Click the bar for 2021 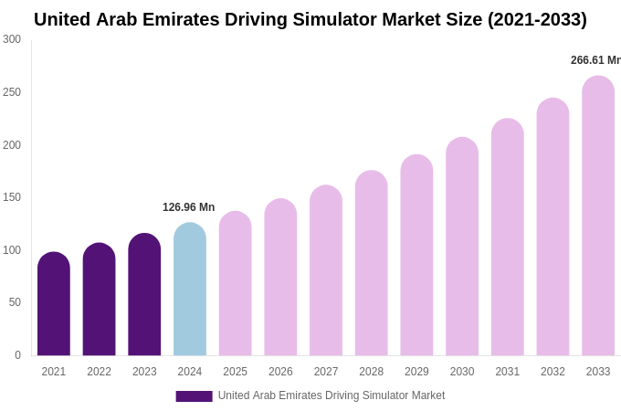pyautogui.click(x=54, y=304)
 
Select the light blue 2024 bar pyautogui.click(x=190, y=290)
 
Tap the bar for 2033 pyautogui.click(x=598, y=216)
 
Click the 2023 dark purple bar pyautogui.click(x=144, y=295)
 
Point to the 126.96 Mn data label pyautogui.click(x=188, y=207)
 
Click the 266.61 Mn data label pyautogui.click(x=595, y=60)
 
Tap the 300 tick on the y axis pyautogui.click(x=12, y=39)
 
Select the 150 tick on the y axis pyautogui.click(x=12, y=197)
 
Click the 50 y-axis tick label pyautogui.click(x=15, y=302)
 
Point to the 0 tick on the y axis pyautogui.click(x=17, y=355)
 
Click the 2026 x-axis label pyautogui.click(x=280, y=372)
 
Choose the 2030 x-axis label pyautogui.click(x=462, y=372)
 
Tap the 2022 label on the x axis pyautogui.click(x=99, y=372)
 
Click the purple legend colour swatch pyautogui.click(x=194, y=396)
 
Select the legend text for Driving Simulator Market pyautogui.click(x=331, y=395)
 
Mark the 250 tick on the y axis pyautogui.click(x=12, y=92)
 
